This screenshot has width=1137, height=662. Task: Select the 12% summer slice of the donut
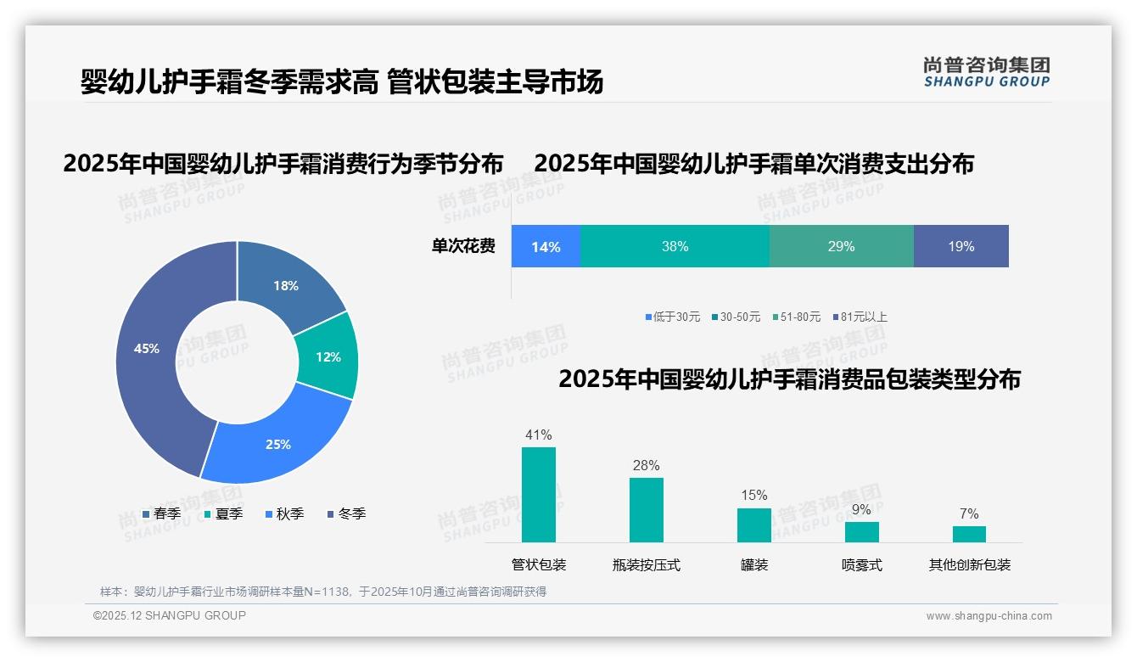click(x=328, y=356)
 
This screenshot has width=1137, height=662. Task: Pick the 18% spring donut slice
click(x=287, y=284)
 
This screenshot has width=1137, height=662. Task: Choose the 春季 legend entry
click(x=161, y=513)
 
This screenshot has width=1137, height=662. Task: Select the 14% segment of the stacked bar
click(x=546, y=247)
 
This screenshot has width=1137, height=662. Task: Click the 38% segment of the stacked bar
click(x=675, y=247)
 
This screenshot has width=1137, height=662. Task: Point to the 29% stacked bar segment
click(x=841, y=247)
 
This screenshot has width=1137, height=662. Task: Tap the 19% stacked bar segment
click(x=961, y=247)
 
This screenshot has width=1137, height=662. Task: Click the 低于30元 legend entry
click(x=672, y=317)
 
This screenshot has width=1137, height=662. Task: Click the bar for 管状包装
click(x=539, y=494)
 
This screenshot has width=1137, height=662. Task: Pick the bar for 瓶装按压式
click(x=647, y=509)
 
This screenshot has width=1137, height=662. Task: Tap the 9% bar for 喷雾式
click(x=861, y=531)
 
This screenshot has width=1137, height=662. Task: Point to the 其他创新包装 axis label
click(x=969, y=565)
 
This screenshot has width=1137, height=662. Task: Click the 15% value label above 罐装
click(x=753, y=496)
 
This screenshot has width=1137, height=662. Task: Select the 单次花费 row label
click(x=463, y=247)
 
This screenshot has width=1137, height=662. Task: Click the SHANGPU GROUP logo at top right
click(x=986, y=72)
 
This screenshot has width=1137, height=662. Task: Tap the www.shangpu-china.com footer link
click(x=989, y=616)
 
